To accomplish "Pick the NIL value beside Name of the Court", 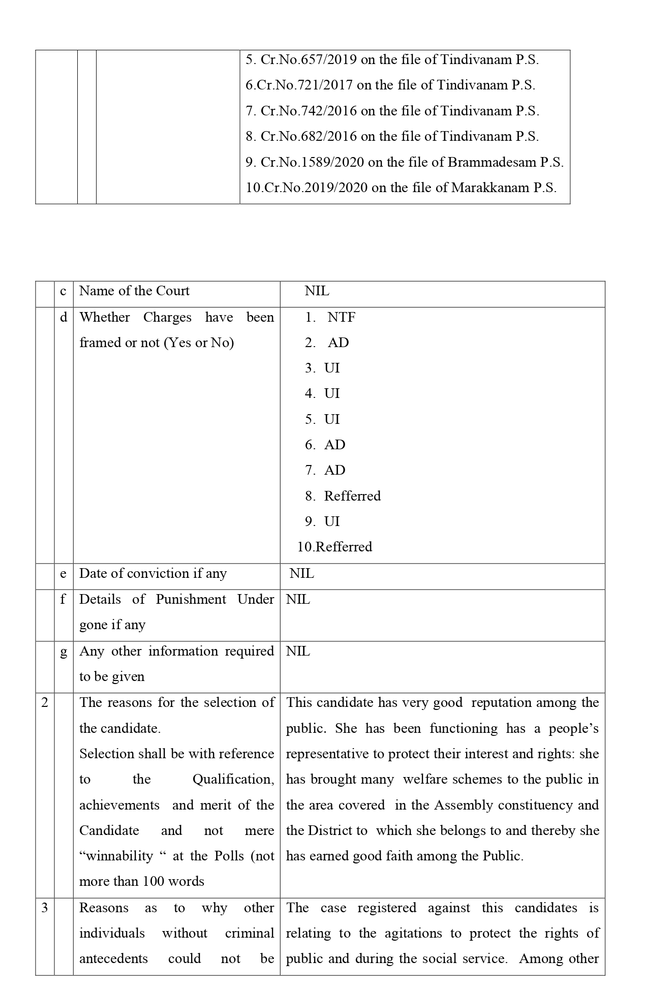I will [317, 291].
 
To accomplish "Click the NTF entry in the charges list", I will [341, 318].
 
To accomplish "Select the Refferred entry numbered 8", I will [352, 496].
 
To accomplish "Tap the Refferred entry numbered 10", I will [344, 547].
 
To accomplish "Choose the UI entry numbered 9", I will [332, 521].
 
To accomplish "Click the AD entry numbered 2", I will [338, 343].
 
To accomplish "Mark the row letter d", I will [64, 318].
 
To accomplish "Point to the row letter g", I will [64, 652].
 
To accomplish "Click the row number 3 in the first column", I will [45, 908].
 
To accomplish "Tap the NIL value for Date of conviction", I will [302, 574].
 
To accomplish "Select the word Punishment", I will [191, 600].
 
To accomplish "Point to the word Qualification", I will [233, 780].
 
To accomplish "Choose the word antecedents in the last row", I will [113, 959].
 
